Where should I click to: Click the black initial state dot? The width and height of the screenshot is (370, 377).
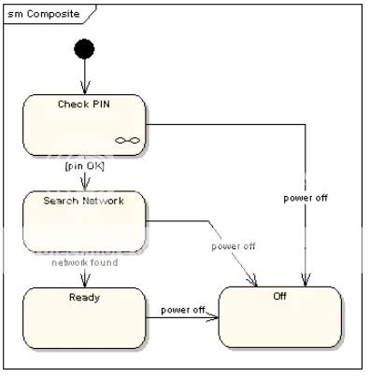tap(85, 48)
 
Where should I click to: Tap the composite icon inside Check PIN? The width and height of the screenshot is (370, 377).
tap(127, 140)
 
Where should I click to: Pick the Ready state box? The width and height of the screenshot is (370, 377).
tap(84, 317)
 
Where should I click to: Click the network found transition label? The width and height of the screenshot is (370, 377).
tap(83, 264)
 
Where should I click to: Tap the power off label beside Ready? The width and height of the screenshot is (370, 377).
tap(182, 310)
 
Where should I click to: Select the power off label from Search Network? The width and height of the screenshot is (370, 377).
tap(233, 246)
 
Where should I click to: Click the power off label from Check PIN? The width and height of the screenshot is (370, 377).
tap(306, 198)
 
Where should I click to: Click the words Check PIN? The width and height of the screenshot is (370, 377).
tap(84, 103)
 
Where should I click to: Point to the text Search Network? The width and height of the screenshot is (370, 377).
tap(84, 200)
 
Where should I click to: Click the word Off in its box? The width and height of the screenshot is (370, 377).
tap(279, 297)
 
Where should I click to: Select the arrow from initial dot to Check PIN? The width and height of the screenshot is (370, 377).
tap(85, 75)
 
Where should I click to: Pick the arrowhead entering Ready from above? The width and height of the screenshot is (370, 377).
tap(84, 282)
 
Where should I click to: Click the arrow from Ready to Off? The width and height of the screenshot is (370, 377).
tap(182, 318)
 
